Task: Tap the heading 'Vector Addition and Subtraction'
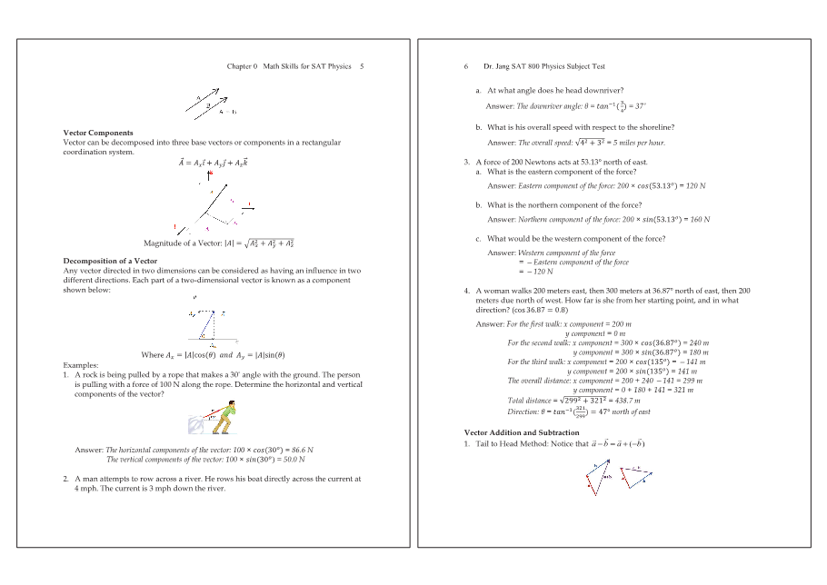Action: (521, 432)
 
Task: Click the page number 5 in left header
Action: (362, 66)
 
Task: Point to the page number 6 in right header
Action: (466, 66)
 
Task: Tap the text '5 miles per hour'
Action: (638, 143)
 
